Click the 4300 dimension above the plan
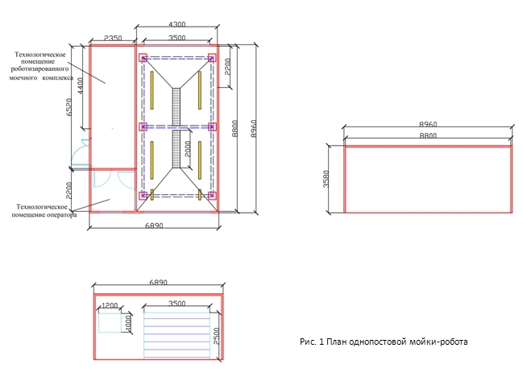pyautogui.click(x=176, y=24)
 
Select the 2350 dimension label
pyautogui.click(x=113, y=38)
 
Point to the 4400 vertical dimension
pyautogui.click(x=81, y=85)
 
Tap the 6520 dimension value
pyautogui.click(x=69, y=107)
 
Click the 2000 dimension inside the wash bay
pyautogui.click(x=188, y=149)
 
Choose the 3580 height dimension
pyautogui.click(x=326, y=179)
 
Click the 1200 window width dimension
pyautogui.click(x=110, y=305)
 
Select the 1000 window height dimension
pyautogui.click(x=128, y=324)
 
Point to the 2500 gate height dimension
pyautogui.click(x=217, y=336)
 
